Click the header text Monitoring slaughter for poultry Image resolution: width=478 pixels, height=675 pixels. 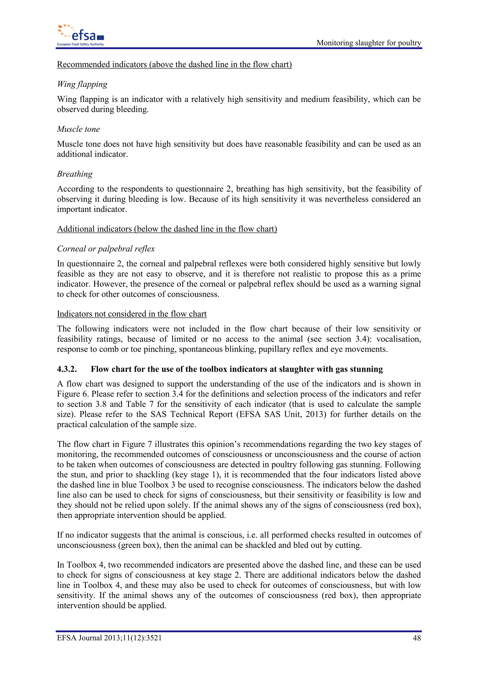point(369,43)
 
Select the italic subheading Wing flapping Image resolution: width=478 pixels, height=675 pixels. point(82,84)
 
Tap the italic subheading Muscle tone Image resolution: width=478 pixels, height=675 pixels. point(78,129)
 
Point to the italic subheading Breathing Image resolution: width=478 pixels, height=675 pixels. point(75,174)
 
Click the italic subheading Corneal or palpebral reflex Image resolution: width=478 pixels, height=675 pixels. point(106,249)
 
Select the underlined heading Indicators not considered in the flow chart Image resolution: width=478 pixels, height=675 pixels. point(132,314)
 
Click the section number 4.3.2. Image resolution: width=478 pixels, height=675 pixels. point(67,369)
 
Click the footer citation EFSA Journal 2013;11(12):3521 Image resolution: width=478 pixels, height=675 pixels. point(109,638)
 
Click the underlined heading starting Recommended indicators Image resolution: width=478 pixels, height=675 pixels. point(174,64)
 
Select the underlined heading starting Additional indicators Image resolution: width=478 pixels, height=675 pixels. point(167,229)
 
